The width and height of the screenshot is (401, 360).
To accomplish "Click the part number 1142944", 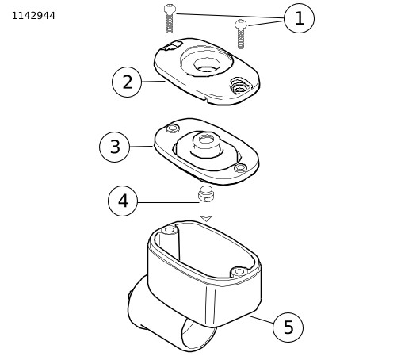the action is tap(33, 16).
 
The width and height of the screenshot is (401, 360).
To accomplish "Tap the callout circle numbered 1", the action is tap(299, 18).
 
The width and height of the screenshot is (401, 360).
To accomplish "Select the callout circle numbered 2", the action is tap(127, 82).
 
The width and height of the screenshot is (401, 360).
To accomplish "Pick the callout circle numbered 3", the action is tap(115, 147).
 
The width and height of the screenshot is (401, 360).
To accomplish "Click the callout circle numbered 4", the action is tap(123, 201).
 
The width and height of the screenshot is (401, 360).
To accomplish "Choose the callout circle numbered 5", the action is tap(288, 327).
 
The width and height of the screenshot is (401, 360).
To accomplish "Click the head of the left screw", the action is tap(170, 9).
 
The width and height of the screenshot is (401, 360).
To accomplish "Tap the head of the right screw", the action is tap(241, 24).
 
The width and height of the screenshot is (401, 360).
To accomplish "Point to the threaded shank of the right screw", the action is tap(240, 38).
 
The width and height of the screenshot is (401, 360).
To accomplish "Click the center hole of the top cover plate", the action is tap(207, 65).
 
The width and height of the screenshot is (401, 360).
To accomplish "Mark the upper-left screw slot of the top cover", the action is tap(172, 46).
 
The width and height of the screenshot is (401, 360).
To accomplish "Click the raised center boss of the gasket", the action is tap(207, 145).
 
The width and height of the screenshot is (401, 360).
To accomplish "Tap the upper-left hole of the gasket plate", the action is tap(173, 128).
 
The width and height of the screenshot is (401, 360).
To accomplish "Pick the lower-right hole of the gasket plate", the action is tap(240, 168).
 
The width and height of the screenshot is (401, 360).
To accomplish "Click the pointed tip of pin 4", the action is tap(206, 220).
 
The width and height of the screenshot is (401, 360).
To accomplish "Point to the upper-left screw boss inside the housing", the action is tap(170, 230).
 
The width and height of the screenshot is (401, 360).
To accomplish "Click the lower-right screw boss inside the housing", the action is tap(239, 271).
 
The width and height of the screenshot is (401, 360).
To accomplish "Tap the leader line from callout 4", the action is tap(168, 202).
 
